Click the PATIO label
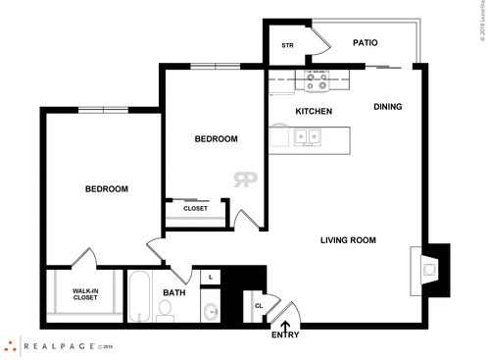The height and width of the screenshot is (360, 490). [x=364, y=43]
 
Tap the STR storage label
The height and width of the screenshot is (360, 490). [x=288, y=45]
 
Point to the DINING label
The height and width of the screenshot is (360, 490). [x=388, y=107]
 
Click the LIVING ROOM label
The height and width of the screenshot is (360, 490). [x=348, y=239]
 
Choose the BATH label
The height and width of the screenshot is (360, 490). [x=174, y=292]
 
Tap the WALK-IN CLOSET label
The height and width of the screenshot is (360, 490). [x=84, y=293]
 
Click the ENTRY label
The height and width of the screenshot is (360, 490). [x=286, y=335]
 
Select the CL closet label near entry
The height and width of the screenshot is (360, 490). [x=258, y=304]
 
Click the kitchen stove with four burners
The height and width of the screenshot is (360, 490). [x=318, y=81]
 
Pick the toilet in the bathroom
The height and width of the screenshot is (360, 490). [x=165, y=310]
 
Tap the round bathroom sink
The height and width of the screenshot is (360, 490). [x=211, y=313]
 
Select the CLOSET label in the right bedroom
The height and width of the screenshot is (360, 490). [x=195, y=208]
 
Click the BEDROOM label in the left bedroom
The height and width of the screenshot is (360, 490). [x=106, y=188]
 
